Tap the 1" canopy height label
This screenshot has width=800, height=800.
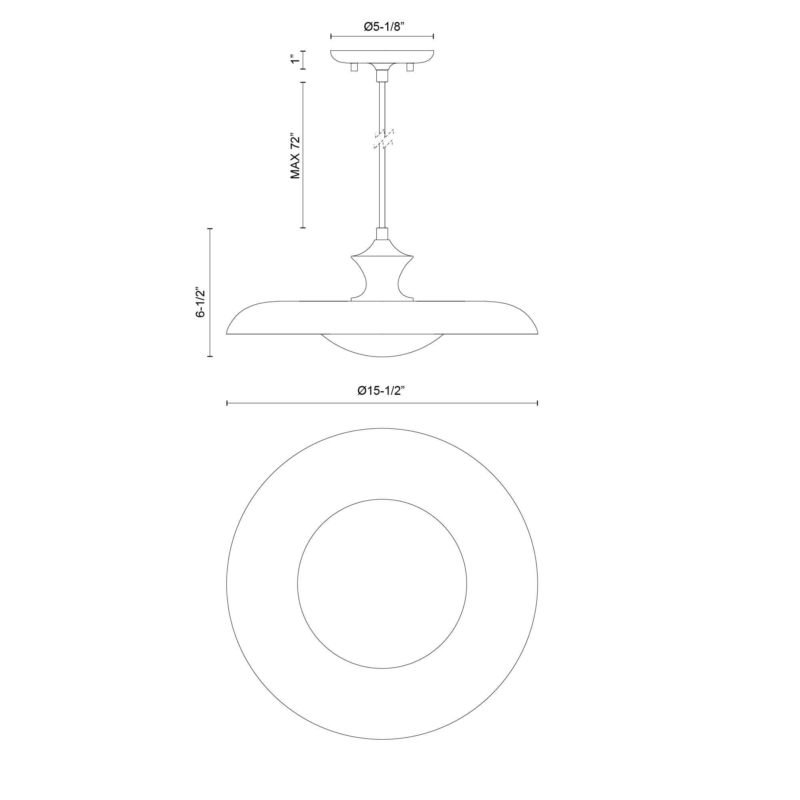click(x=295, y=59)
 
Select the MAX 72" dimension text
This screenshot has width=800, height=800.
click(x=295, y=156)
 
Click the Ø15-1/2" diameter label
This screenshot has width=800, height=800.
click(x=380, y=390)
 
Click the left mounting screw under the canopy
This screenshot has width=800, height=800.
click(x=354, y=67)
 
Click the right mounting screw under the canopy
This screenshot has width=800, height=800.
click(x=410, y=67)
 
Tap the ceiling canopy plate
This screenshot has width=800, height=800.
click(x=382, y=56)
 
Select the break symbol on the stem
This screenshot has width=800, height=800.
click(x=384, y=139)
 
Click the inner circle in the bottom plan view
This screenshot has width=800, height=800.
click(x=382, y=584)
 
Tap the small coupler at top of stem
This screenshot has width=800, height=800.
click(x=382, y=76)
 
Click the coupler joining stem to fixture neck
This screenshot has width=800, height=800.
click(x=382, y=234)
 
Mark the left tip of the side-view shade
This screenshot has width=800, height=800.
click(x=228, y=333)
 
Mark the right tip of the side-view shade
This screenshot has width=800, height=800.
click(x=537, y=333)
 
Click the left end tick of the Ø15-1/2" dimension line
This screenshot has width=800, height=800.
click(x=227, y=403)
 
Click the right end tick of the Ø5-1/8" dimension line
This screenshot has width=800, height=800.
click(x=433, y=36)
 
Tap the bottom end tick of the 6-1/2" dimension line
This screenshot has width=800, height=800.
click(x=210, y=356)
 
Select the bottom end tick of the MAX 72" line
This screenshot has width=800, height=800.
click(x=303, y=228)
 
